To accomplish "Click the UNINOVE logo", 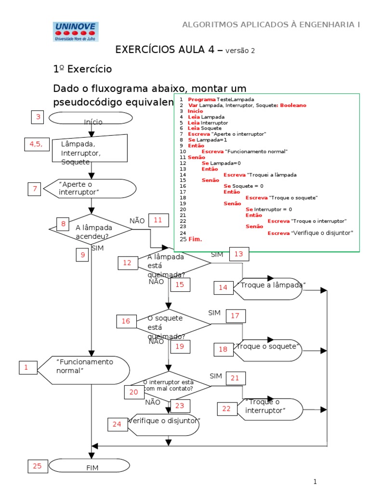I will pos(75,32).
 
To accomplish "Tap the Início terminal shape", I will pos(91,118).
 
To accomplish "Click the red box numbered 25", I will pos(38,466).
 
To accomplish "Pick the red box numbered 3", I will pos(38,117).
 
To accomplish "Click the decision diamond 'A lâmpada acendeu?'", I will pos(91,230).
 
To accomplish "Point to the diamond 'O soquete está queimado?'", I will pos(169,325).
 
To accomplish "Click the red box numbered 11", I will pos(159,220).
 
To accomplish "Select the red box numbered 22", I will pos(226,409).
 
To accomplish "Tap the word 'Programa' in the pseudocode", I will pos(202,99).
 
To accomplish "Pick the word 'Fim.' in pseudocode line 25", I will pos(195,239).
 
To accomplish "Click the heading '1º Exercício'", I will pos(82,69).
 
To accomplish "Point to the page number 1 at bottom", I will pos(315,481).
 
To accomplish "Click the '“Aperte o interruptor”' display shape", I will pos(90,188).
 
